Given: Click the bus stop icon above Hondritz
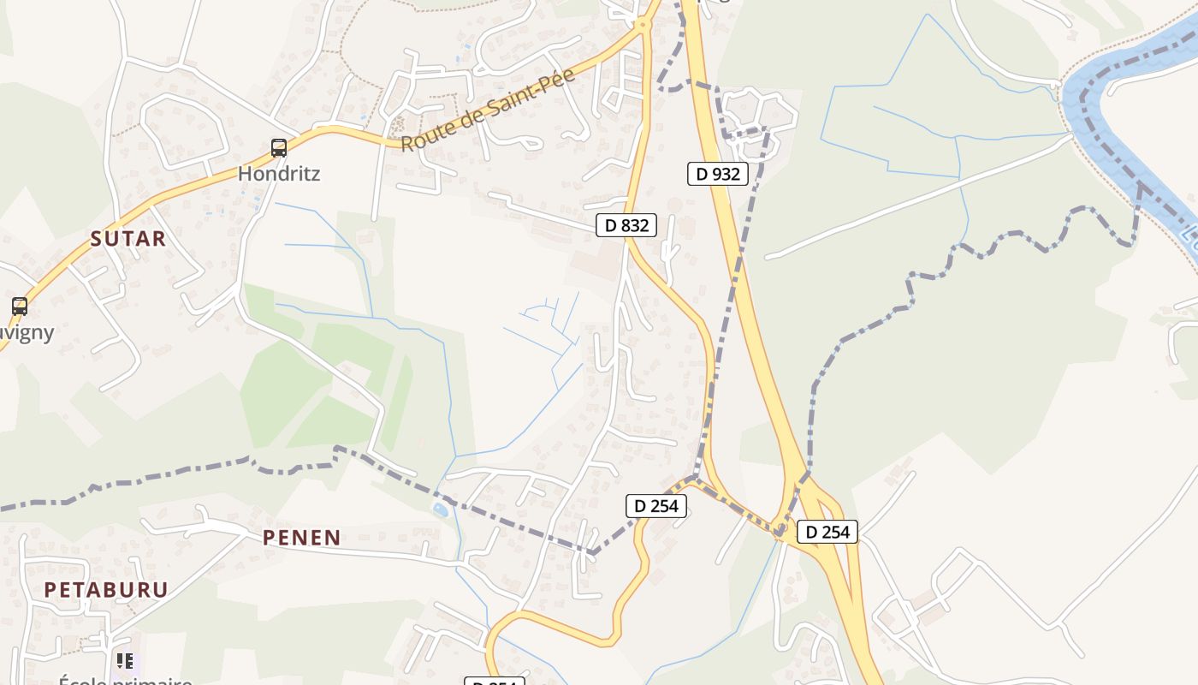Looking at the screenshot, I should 279,148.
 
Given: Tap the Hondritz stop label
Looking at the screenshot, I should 279,173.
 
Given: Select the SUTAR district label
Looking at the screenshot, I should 128,239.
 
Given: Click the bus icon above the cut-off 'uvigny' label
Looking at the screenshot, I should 19,306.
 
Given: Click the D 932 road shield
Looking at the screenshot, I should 717,174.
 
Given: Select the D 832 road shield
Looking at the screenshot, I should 626,225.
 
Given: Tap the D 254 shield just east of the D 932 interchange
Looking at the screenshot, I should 827,532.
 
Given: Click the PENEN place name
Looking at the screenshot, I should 301,538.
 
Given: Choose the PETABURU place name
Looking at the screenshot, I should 106,589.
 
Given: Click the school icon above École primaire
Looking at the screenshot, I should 125,661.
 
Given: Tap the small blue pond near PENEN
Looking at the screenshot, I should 440,510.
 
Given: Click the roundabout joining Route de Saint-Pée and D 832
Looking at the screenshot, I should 643,26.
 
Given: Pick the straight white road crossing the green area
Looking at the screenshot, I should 916,197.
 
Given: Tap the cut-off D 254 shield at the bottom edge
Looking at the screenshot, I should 494,681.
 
